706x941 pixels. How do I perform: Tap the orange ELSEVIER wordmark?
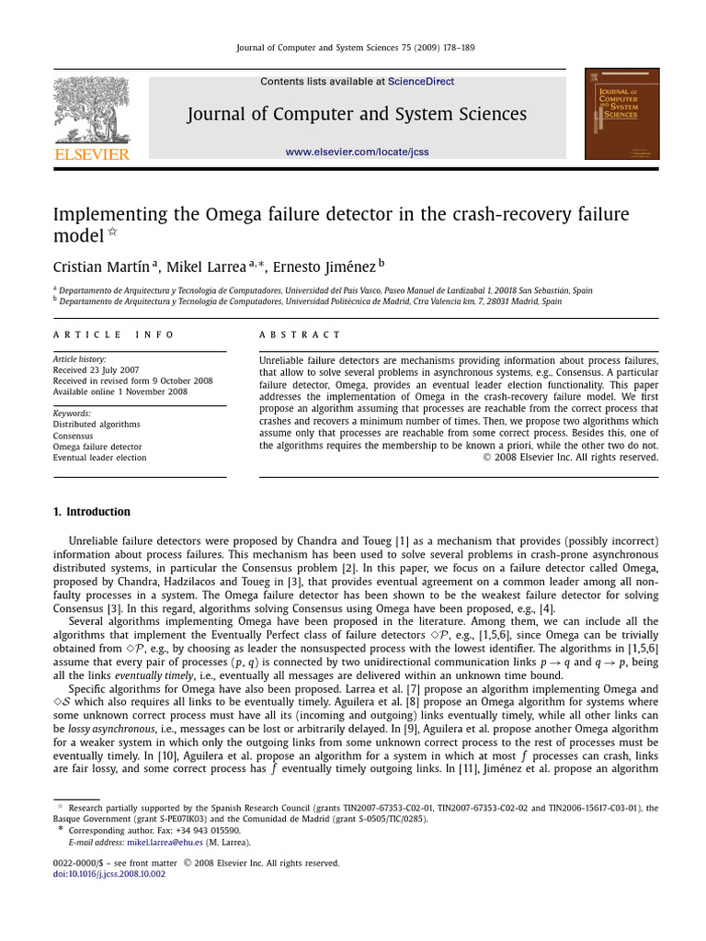(92, 154)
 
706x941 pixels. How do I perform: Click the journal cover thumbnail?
(621, 113)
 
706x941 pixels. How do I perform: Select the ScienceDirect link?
(420, 82)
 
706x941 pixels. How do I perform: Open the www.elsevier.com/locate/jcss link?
(357, 152)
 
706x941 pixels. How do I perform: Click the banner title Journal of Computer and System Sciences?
(357, 115)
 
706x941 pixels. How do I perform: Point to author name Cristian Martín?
(103, 267)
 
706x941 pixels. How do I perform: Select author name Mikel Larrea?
(206, 267)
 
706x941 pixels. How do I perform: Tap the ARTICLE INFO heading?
(113, 335)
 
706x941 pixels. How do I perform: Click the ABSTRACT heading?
(300, 335)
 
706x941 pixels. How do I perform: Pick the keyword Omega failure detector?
(97, 447)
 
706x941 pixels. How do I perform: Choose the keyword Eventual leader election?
(99, 458)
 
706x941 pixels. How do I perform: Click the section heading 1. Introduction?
(91, 512)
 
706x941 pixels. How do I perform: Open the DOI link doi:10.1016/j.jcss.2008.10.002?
(109, 874)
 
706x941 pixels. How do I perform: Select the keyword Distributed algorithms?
(97, 425)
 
